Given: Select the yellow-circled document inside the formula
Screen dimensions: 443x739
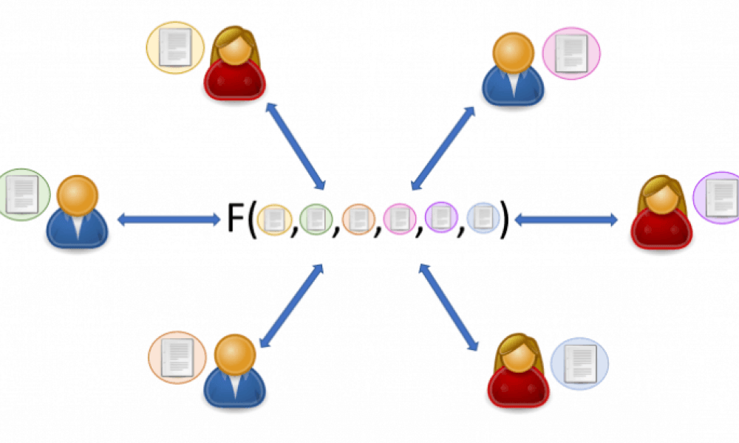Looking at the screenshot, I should [275, 219].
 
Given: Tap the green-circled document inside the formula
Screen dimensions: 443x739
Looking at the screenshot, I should [316, 219].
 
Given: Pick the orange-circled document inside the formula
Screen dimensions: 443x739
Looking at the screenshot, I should [358, 219].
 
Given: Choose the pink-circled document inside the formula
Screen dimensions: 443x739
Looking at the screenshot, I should [399, 219].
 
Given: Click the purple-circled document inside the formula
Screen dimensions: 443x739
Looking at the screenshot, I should [440, 219].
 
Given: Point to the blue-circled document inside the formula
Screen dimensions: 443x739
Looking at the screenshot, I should [483, 219].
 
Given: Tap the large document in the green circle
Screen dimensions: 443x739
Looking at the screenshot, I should [21, 193].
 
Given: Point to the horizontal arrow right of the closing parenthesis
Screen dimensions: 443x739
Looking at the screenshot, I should [566, 219].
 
